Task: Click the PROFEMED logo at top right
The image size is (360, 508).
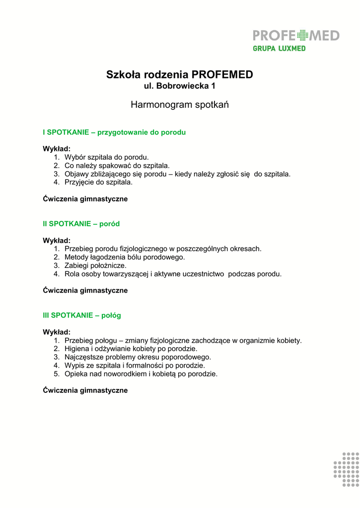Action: (x=296, y=35)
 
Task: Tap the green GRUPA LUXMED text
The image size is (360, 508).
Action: (x=279, y=49)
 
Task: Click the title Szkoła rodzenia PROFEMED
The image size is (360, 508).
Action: (x=180, y=75)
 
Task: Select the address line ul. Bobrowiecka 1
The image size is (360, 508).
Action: (x=180, y=86)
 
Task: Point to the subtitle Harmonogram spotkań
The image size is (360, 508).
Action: (x=180, y=105)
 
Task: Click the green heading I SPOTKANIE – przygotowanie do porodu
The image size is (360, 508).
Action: (x=114, y=132)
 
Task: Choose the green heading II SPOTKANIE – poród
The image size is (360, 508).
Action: (x=81, y=224)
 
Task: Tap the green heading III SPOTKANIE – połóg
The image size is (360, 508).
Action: (x=82, y=315)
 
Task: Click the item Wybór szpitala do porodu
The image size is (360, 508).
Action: (x=107, y=157)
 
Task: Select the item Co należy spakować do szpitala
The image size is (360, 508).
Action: (x=117, y=166)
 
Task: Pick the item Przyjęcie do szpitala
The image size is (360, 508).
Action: (x=99, y=183)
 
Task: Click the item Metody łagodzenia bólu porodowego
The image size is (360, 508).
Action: (x=125, y=257)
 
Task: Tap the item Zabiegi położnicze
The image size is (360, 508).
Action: (x=95, y=265)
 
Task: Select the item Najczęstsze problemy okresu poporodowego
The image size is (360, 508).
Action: (x=138, y=357)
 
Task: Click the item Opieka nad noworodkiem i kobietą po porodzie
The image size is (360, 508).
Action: (x=141, y=374)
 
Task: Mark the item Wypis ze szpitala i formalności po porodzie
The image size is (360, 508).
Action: (x=135, y=366)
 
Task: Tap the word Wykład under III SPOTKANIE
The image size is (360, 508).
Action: (x=57, y=332)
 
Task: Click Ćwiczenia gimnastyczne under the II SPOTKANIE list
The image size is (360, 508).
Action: (x=85, y=291)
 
